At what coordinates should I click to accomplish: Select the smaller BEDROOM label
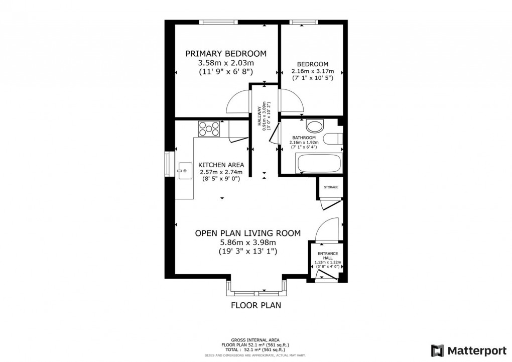pos(312,64)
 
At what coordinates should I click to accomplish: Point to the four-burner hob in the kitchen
pos(209,129)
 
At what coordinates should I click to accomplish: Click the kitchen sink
pos(184,171)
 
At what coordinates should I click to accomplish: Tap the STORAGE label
pos(330,187)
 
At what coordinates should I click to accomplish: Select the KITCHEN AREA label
pos(221,165)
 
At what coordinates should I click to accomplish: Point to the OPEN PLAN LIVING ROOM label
pos(247,233)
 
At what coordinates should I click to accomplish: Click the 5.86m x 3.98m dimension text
pos(247,242)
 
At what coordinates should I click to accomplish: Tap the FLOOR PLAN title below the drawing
pos(255,305)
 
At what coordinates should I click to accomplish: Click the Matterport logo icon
pos(437,349)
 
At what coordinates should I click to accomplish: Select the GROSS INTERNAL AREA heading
pos(255,340)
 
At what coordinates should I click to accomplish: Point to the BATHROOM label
pos(304,138)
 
